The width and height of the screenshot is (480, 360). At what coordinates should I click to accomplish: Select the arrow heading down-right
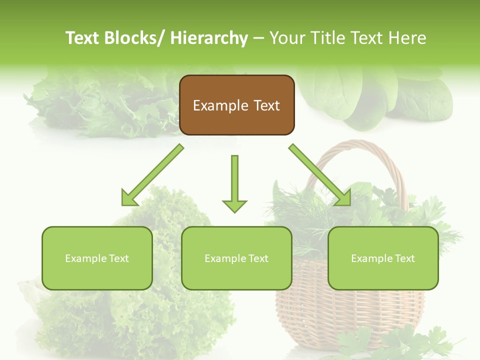(320, 175)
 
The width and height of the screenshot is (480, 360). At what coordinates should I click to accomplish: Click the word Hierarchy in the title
(209, 38)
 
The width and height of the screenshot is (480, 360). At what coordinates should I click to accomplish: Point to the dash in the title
(258, 38)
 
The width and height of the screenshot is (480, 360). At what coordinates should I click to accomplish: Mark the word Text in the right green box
(404, 258)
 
